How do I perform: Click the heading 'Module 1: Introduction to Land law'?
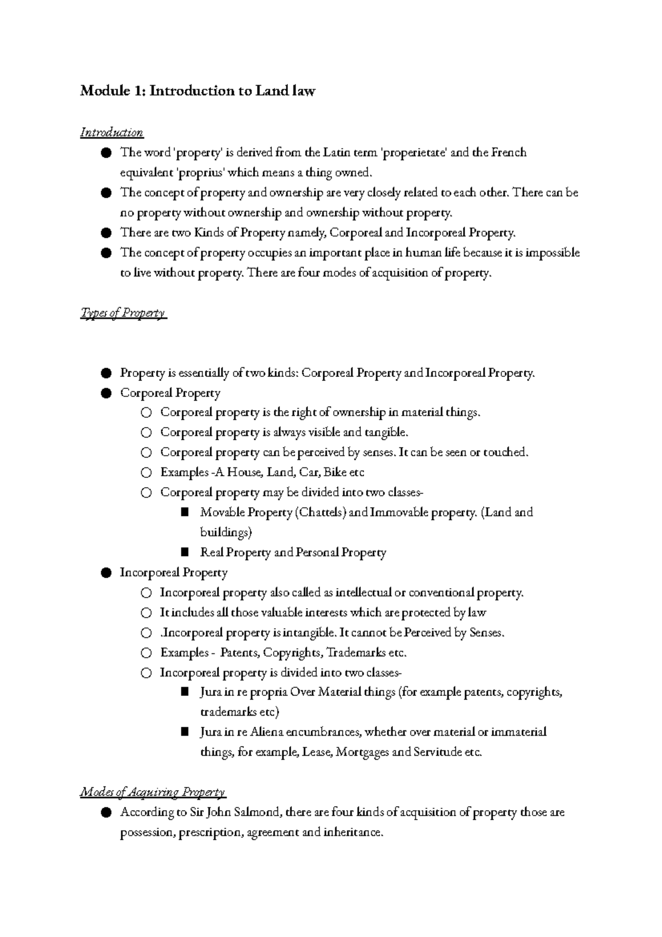197,90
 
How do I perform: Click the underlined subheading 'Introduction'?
112,132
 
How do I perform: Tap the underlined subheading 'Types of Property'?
122,313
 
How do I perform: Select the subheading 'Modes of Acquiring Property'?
153,792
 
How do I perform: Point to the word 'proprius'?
201,173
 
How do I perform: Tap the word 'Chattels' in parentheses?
321,513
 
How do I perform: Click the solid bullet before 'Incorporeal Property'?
106,573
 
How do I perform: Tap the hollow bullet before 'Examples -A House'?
146,473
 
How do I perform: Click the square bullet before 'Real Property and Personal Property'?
185,552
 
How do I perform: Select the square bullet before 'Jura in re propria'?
185,692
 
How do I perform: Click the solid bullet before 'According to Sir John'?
106,812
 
